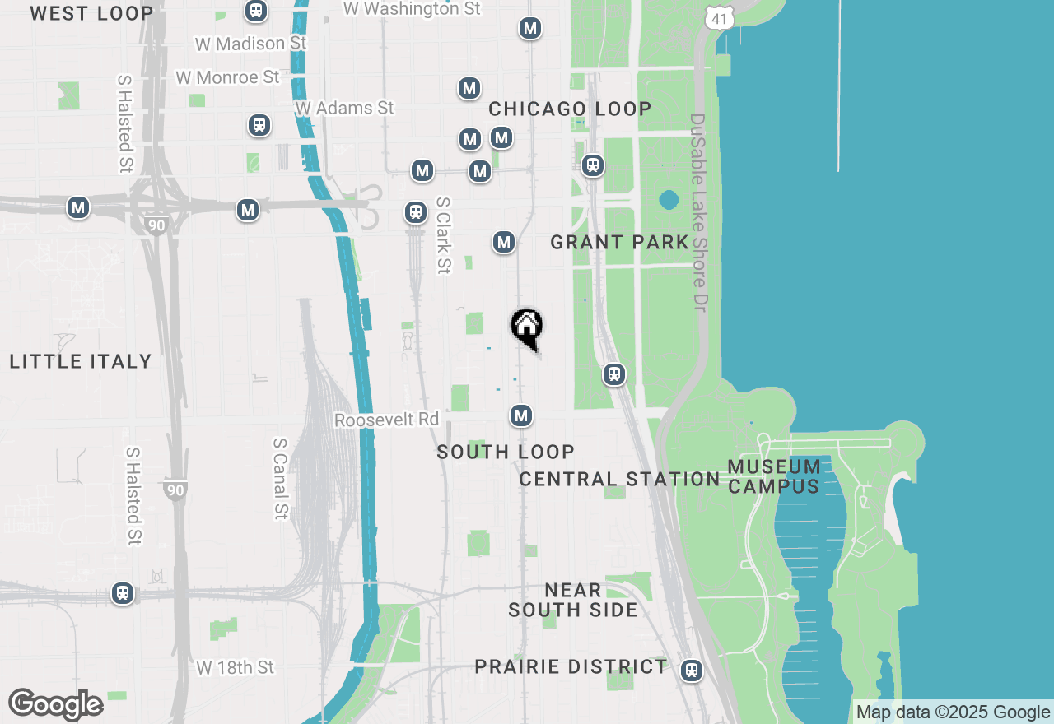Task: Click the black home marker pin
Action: (x=527, y=327)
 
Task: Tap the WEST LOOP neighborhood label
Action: (x=91, y=13)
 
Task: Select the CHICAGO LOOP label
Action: (x=570, y=109)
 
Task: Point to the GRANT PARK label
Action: (x=619, y=242)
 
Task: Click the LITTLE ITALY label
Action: (x=81, y=361)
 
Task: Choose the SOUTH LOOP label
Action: (x=506, y=452)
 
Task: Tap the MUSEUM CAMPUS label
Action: (x=774, y=476)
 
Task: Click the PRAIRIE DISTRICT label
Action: (x=571, y=666)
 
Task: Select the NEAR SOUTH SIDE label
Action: (x=573, y=600)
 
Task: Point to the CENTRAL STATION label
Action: (x=619, y=479)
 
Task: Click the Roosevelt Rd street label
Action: (x=386, y=420)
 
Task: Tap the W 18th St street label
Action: (x=236, y=667)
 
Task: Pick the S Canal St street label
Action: (x=279, y=478)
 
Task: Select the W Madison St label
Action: (x=250, y=43)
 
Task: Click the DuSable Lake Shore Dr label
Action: (x=698, y=211)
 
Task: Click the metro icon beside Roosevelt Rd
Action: (x=520, y=416)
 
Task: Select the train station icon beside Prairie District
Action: (x=692, y=671)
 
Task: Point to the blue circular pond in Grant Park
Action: (x=669, y=200)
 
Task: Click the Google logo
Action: (x=56, y=705)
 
